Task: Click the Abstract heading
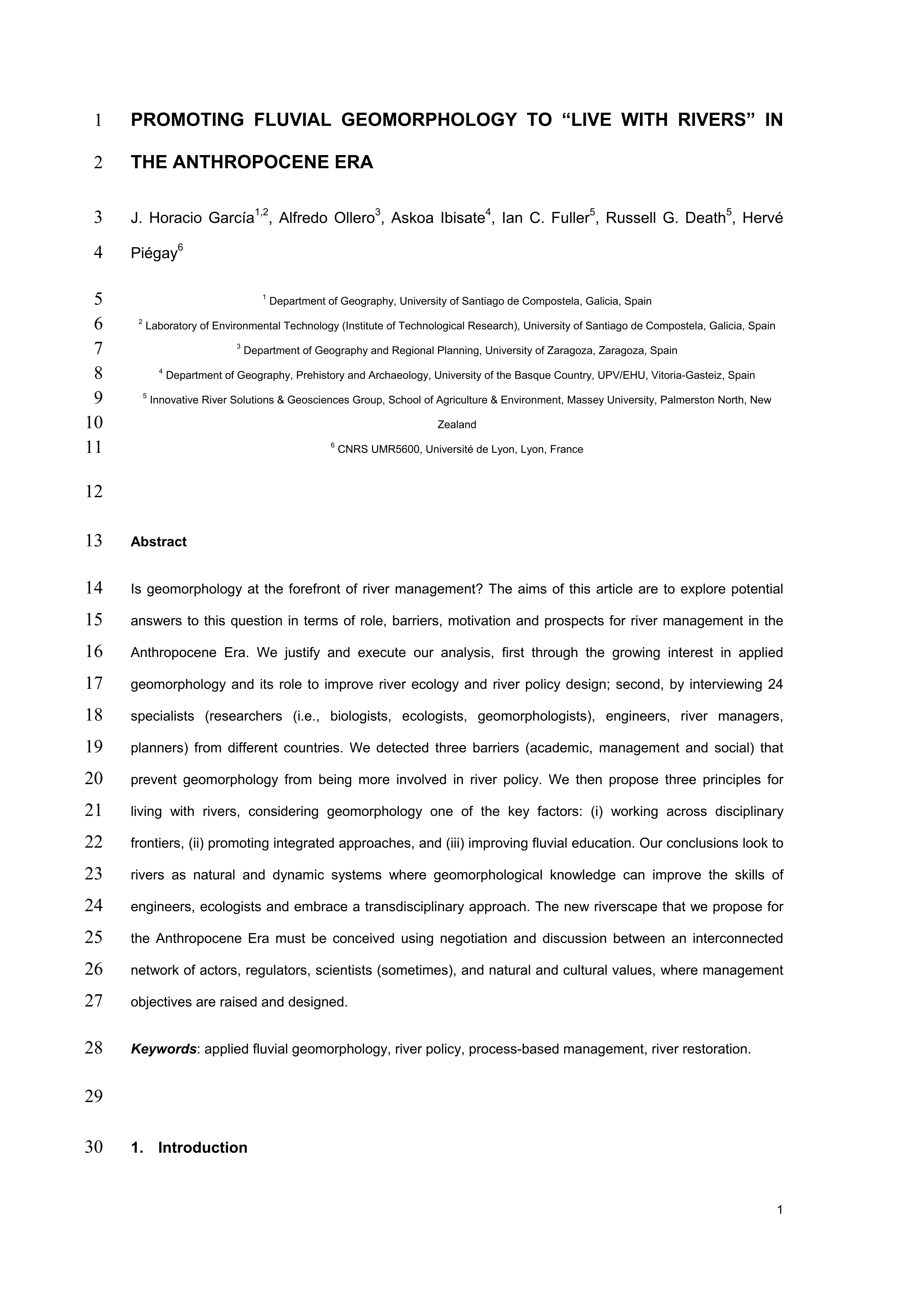[158, 542]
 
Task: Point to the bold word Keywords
[163, 1049]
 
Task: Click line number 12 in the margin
[94, 491]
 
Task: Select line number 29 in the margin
[94, 1096]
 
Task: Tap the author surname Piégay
[153, 254]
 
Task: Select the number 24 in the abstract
[775, 685]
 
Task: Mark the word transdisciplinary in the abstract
[416, 907]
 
